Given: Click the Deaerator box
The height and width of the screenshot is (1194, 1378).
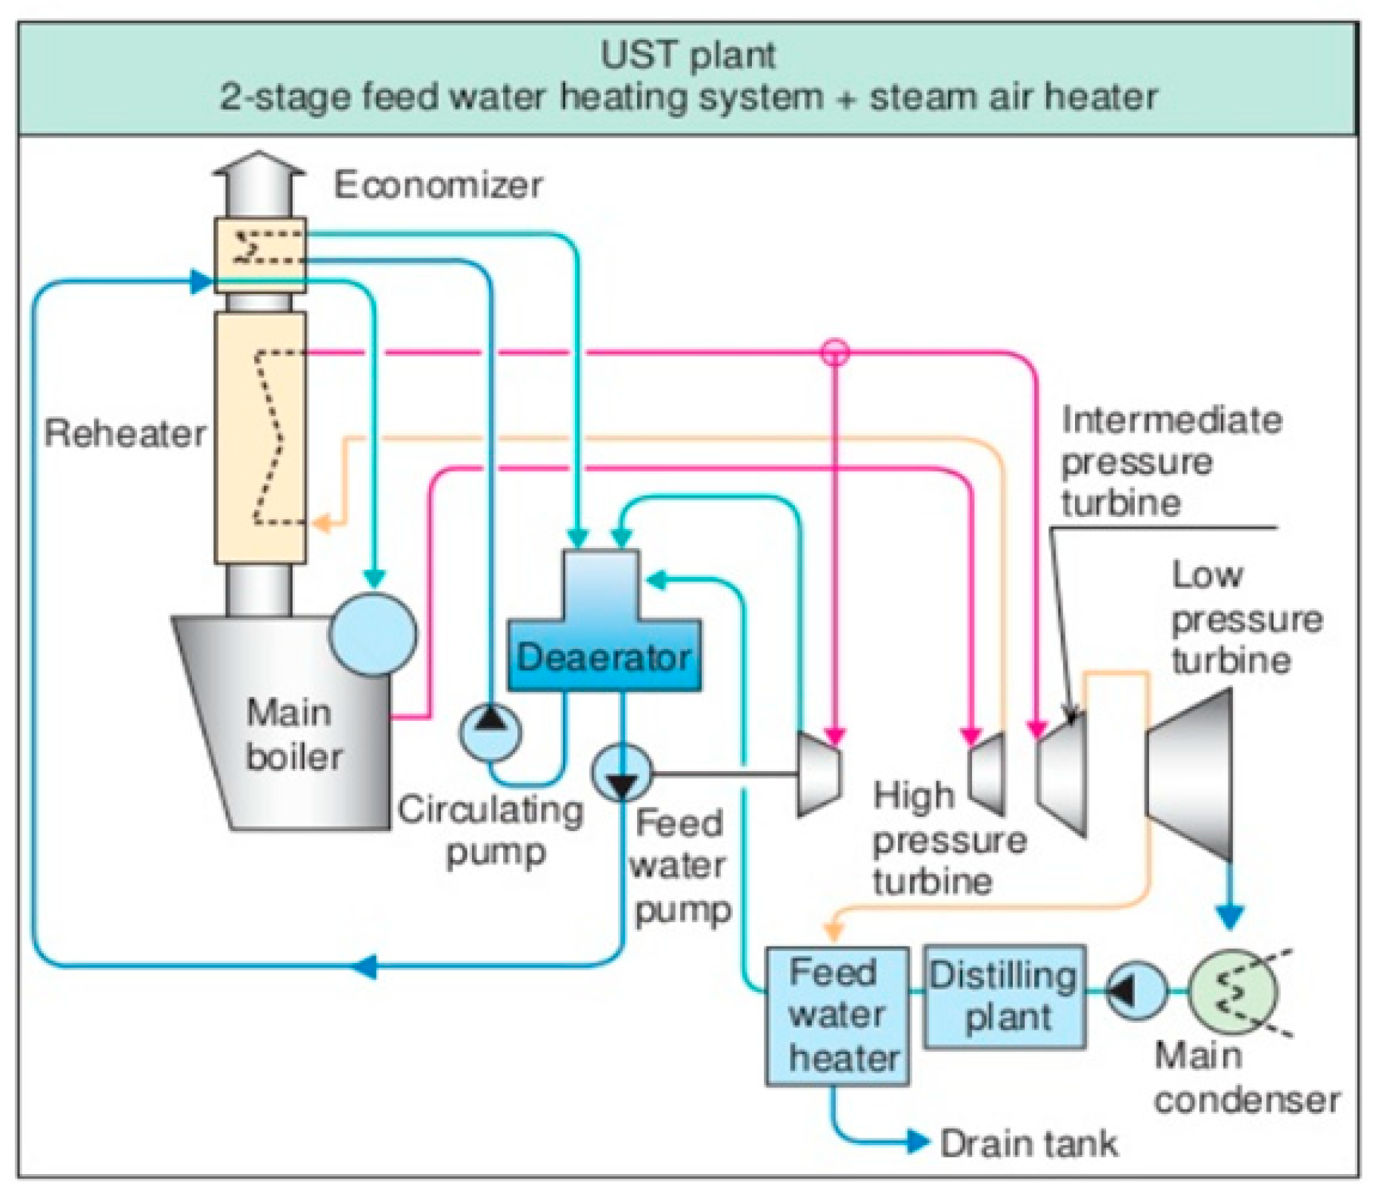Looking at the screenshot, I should [604, 656].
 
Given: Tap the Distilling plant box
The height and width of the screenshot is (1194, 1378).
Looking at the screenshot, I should [1005, 996].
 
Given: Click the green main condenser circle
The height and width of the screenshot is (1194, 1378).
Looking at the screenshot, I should [1233, 993].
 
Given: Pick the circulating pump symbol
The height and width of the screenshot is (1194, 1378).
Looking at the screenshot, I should [490, 732].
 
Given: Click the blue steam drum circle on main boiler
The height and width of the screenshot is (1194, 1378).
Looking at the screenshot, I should [373, 634].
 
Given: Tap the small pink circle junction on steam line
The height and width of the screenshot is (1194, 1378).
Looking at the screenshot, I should [835, 352].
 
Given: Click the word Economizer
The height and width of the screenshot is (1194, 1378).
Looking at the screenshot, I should [437, 185].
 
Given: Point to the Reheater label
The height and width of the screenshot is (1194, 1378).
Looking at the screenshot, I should [124, 433].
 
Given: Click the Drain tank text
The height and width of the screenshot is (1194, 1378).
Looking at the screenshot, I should [1028, 1144].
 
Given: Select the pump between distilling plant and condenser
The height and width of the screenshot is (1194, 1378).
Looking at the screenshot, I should [1135, 990].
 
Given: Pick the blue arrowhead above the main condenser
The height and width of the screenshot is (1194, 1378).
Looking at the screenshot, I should [1230, 917].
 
